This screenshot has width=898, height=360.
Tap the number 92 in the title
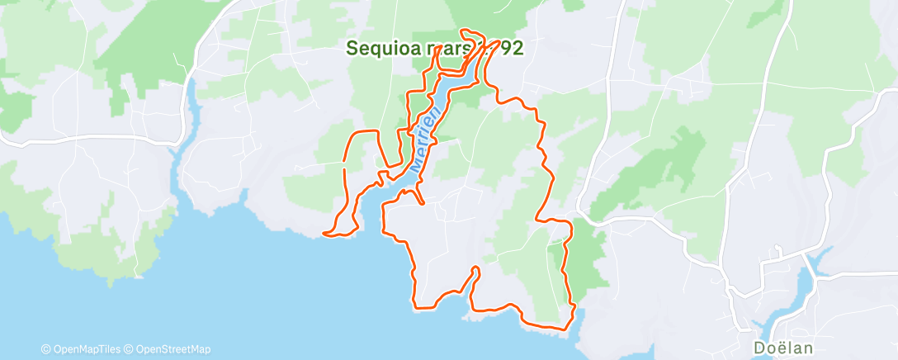(511, 49)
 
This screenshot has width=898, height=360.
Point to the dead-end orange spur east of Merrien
(422, 203)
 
